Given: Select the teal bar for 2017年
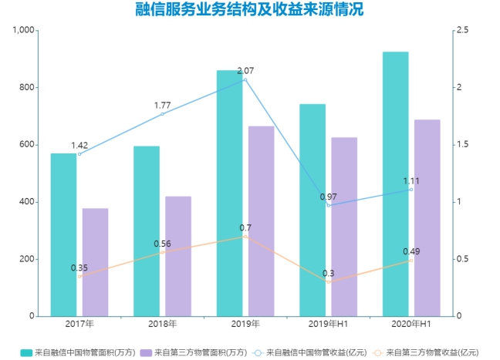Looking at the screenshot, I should tap(63, 234).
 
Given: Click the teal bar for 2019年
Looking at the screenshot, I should tap(229, 193).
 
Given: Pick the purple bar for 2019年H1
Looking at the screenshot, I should tap(344, 227).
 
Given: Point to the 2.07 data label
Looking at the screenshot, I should tap(245, 71).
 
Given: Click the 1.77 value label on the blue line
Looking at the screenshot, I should tap(162, 105).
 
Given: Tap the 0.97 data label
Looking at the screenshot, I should tap(329, 197).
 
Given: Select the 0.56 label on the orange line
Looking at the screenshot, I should tap(162, 244).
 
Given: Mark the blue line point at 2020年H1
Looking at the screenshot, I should tap(411, 190).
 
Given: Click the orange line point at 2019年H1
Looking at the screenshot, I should tap(329, 282).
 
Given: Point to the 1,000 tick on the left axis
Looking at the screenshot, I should tap(24, 30).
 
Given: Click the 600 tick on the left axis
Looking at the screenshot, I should tap(28, 145).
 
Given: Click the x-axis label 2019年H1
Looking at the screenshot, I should tap(329, 325).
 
